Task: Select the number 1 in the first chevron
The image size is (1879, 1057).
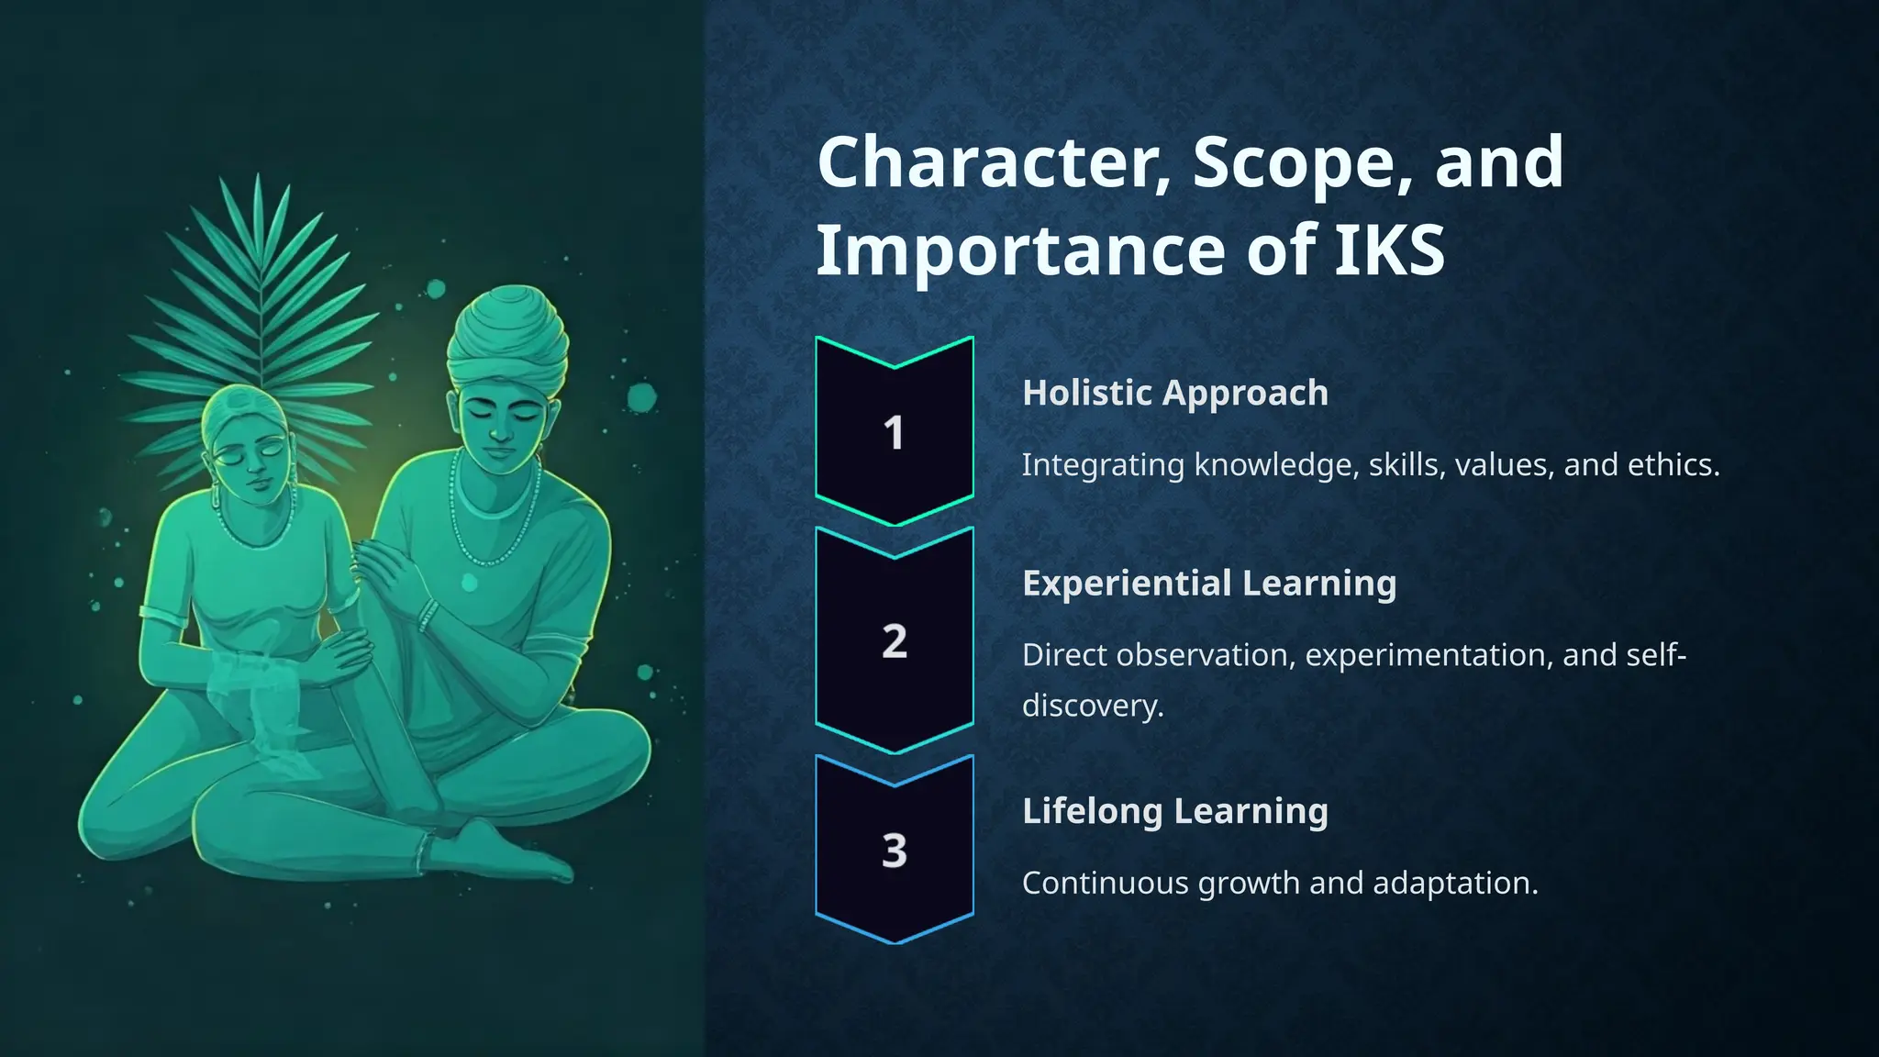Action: [x=894, y=433]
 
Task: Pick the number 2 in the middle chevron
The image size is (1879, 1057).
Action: [x=894, y=641]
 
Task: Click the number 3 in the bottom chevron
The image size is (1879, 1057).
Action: [x=894, y=851]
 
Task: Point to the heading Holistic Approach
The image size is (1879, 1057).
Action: [x=1174, y=393]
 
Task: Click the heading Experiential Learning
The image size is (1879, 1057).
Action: [x=1208, y=584]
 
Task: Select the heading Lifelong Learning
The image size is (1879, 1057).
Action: [x=1174, y=811]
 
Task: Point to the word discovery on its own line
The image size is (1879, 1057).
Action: [x=1092, y=706]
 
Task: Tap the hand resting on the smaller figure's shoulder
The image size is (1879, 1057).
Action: [x=381, y=569]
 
